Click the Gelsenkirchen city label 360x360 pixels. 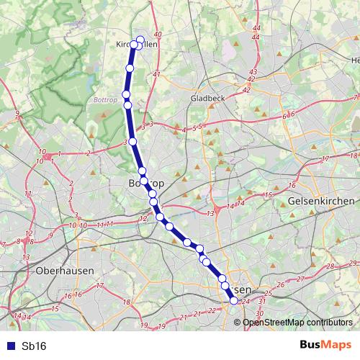coord(320,201)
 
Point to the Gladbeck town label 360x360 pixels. coord(210,97)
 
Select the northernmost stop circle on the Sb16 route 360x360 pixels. coord(140,40)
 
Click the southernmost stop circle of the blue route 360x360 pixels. coord(233,302)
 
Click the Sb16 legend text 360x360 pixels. coord(34,346)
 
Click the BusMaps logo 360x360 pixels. coord(326,346)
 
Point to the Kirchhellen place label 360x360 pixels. coord(137,44)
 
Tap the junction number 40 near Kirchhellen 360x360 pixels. coord(158,35)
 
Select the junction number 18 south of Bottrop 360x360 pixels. coord(127,302)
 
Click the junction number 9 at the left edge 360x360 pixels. coord(17,114)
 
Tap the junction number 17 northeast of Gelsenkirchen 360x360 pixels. coord(325,158)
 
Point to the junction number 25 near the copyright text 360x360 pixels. coord(268,293)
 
